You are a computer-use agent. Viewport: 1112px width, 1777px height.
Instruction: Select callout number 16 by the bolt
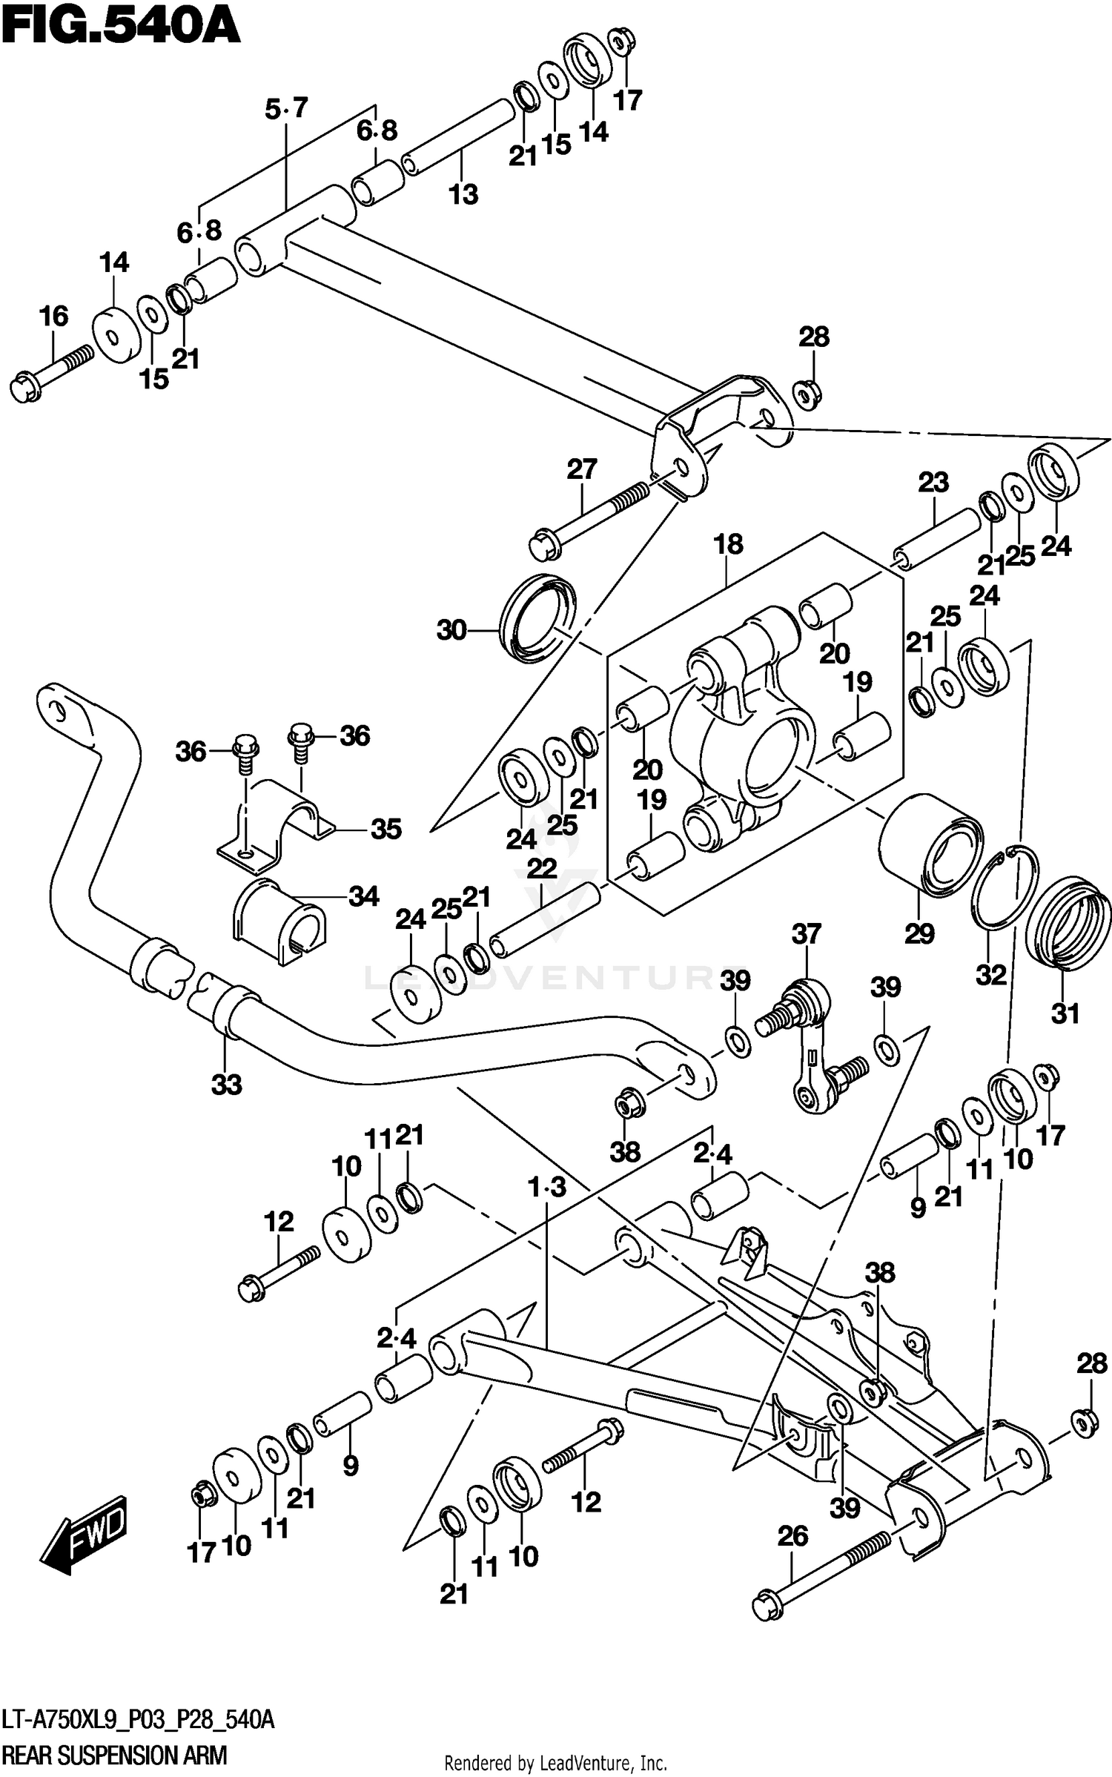pyautogui.click(x=53, y=317)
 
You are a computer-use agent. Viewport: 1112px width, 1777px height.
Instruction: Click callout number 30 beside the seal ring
pyautogui.click(x=451, y=631)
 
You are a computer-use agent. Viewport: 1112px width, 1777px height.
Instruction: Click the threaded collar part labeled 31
pyautogui.click(x=1068, y=922)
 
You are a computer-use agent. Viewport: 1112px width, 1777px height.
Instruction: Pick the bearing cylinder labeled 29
pyautogui.click(x=930, y=846)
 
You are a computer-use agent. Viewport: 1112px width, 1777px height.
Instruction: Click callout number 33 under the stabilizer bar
pyautogui.click(x=227, y=1085)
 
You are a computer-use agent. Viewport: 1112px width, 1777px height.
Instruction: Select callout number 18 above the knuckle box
pyautogui.click(x=728, y=545)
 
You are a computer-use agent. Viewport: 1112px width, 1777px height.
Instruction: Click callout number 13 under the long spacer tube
pyautogui.click(x=463, y=195)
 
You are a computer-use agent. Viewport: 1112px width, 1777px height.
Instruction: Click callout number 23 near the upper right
pyautogui.click(x=933, y=483)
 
